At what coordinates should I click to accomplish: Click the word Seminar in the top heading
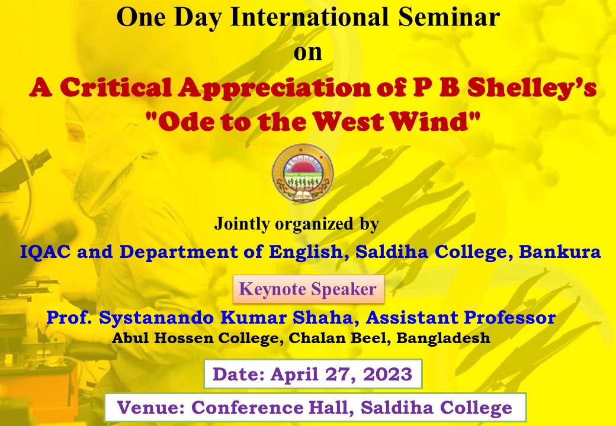[448, 17]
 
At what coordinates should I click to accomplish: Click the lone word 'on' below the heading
[308, 53]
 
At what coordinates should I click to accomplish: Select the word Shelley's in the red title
[532, 88]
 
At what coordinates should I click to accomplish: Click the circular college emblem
[303, 173]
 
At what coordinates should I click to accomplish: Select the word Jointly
[242, 224]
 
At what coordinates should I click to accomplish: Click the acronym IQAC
[45, 252]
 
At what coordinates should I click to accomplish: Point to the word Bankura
[560, 252]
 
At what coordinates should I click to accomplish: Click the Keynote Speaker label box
[309, 289]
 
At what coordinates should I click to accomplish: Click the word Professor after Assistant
[509, 318]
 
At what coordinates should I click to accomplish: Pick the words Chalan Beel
[340, 338]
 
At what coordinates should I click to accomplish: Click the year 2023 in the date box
[388, 374]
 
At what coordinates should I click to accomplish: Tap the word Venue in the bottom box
[151, 408]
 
